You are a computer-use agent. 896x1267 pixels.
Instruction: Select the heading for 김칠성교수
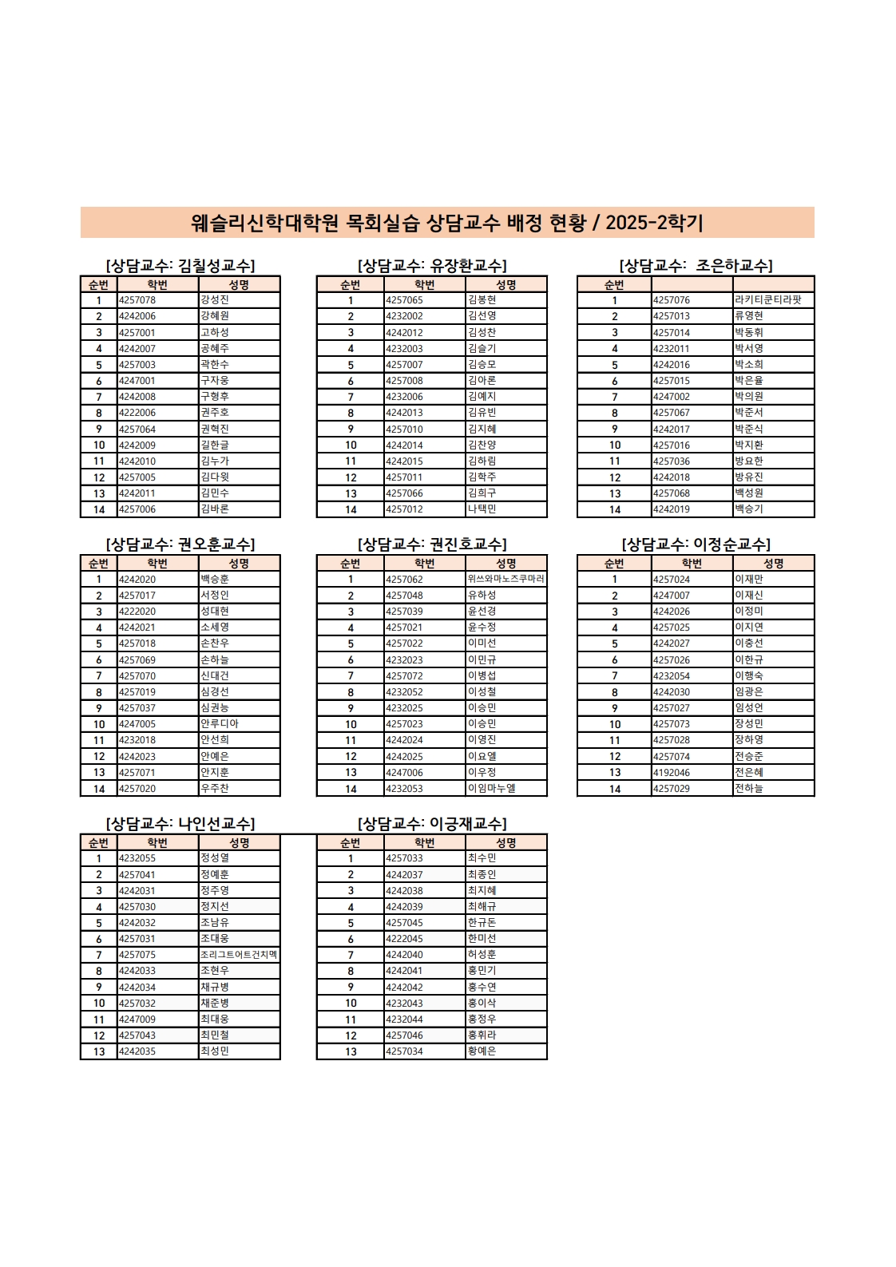click(x=180, y=265)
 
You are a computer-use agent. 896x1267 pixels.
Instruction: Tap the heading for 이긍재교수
click(x=432, y=823)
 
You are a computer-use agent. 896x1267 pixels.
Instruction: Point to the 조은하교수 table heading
click(x=696, y=265)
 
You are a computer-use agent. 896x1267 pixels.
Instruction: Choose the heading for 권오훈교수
click(x=180, y=544)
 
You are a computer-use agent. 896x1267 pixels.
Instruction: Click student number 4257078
click(x=137, y=300)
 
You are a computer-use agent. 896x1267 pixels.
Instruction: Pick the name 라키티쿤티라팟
click(x=767, y=300)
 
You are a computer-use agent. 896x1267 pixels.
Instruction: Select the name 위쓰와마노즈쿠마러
click(x=505, y=579)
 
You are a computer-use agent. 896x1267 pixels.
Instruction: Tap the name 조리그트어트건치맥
click(x=239, y=955)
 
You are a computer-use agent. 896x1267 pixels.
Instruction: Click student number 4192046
click(x=672, y=772)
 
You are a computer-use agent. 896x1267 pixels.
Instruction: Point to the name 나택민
click(x=482, y=509)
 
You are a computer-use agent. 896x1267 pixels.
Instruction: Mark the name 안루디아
click(x=220, y=723)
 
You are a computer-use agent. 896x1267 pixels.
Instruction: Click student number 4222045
click(x=404, y=939)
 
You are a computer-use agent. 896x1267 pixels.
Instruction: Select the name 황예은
click(x=482, y=1051)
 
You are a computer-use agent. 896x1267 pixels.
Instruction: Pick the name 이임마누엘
click(x=492, y=788)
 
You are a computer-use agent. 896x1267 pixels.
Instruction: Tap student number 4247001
click(x=137, y=381)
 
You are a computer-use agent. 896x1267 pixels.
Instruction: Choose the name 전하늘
click(x=749, y=788)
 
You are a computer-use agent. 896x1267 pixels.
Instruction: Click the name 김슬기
click(x=482, y=348)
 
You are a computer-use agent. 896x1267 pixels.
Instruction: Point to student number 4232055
click(x=137, y=858)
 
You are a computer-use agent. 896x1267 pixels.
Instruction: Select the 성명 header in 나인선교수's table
click(x=239, y=842)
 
